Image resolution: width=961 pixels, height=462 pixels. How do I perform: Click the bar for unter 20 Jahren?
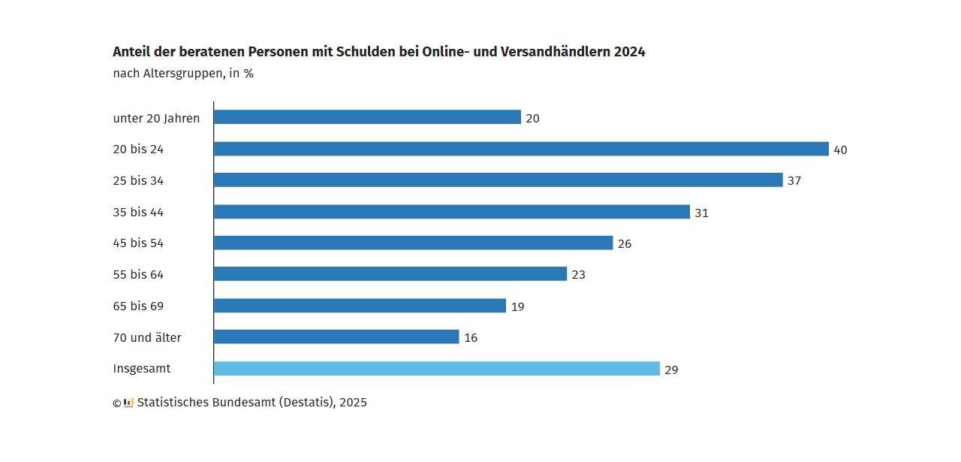[x=367, y=117]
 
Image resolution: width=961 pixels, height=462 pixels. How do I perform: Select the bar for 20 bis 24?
[x=521, y=149]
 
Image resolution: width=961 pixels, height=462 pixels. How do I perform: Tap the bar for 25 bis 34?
[x=498, y=180]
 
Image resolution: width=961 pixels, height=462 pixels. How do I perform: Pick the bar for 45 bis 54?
[x=413, y=243]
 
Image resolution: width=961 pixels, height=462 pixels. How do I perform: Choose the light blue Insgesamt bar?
[x=436, y=369]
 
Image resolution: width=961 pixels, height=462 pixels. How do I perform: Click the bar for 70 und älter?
[x=336, y=337]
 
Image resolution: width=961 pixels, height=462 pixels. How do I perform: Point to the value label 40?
[x=840, y=150]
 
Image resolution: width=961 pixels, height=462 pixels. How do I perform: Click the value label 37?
[x=794, y=181]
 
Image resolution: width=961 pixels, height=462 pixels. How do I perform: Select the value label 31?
[x=701, y=213]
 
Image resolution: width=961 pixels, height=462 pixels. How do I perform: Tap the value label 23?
[x=578, y=275]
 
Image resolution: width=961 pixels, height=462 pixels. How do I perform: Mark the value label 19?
[x=517, y=306]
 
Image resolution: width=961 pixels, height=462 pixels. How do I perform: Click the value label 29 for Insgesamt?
[x=671, y=370]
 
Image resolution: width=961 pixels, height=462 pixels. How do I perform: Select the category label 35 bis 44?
[x=138, y=213]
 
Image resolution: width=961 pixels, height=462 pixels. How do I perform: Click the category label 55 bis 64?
[x=138, y=275]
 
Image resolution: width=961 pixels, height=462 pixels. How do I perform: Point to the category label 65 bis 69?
[x=138, y=306]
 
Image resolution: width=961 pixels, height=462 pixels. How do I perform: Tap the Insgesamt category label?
[x=142, y=369]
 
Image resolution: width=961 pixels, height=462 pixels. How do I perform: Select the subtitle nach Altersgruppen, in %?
[x=183, y=74]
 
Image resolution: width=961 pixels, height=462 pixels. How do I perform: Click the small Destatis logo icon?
[x=128, y=402]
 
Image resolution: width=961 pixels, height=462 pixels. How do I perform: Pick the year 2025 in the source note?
[x=353, y=403]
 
